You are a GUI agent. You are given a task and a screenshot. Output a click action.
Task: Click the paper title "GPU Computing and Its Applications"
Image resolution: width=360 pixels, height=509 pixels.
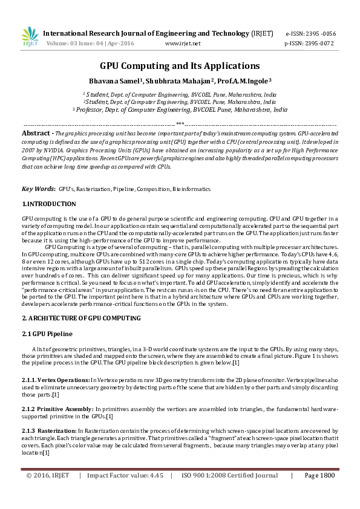pos(180,66)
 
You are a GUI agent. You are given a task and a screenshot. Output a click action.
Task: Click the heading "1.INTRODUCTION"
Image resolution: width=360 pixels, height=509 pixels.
pos(49,204)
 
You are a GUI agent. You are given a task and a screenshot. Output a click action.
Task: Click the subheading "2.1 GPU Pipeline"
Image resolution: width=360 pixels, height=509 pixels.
pos(47,334)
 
